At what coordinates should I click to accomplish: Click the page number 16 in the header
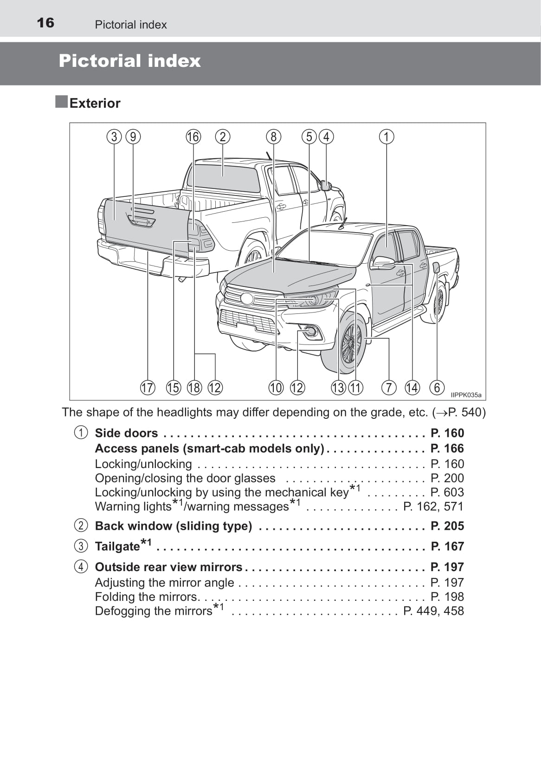[x=45, y=23]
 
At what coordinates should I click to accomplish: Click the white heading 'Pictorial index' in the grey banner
[x=129, y=61]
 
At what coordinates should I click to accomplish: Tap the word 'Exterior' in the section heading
[x=95, y=103]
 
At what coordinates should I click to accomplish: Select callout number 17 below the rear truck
[x=148, y=387]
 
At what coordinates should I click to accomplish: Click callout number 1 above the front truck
[x=386, y=137]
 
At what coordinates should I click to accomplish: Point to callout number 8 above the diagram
[x=273, y=137]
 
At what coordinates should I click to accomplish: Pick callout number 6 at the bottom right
[x=437, y=387]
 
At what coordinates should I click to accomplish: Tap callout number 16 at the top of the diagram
[x=193, y=137]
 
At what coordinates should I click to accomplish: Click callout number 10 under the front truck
[x=276, y=387]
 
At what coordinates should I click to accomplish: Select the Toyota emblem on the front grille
[x=247, y=299]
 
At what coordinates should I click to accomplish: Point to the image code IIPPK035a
[x=466, y=395]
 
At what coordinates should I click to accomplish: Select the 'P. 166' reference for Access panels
[x=447, y=449]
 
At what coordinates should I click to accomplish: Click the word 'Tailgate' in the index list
[x=117, y=547]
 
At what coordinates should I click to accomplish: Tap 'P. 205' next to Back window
[x=447, y=526]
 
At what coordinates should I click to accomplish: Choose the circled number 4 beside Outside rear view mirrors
[x=81, y=567]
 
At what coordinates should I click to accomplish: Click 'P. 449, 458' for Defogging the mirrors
[x=433, y=611]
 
